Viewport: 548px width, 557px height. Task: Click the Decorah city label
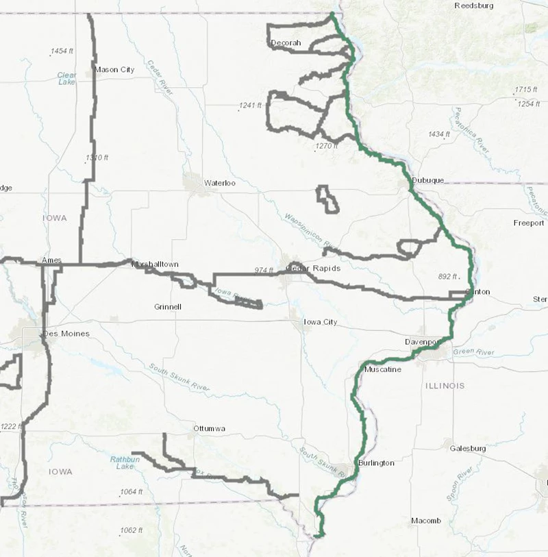(286, 43)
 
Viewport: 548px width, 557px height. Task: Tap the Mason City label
(114, 69)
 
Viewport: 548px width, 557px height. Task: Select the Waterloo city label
(220, 184)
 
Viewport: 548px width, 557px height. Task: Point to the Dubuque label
(427, 181)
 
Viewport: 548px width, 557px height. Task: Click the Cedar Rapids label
(313, 269)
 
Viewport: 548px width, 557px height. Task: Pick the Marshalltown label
(155, 264)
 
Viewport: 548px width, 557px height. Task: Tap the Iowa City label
(320, 322)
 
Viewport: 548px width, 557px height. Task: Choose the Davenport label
(421, 341)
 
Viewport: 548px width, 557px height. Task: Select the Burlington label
(376, 464)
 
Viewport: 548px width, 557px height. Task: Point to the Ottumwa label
(210, 429)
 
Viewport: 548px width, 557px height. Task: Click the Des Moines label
(66, 334)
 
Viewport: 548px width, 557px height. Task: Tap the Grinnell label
(168, 307)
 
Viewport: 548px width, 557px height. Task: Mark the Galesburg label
(468, 449)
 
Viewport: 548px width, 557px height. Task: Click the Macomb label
(425, 521)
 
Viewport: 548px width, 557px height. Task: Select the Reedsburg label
(475, 5)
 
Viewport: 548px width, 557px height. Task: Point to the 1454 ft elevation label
(62, 51)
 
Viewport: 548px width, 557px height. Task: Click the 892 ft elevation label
(447, 277)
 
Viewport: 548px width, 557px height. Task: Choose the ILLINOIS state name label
(445, 386)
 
